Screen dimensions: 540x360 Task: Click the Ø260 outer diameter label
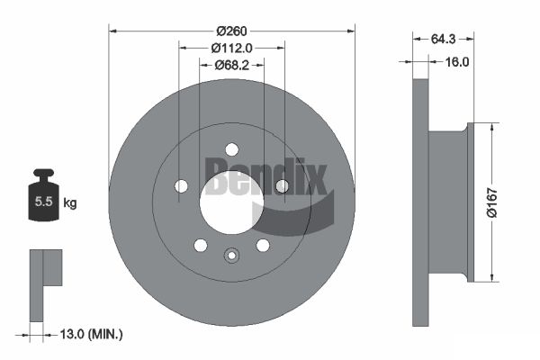(232, 31)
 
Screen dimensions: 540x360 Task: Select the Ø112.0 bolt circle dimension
(232, 48)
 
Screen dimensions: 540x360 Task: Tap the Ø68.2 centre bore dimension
(232, 65)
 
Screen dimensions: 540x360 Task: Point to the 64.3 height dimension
(443, 40)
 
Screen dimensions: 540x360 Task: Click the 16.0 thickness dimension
(457, 62)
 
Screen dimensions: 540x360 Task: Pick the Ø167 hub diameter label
(492, 202)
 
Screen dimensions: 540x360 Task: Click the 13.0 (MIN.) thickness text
(91, 334)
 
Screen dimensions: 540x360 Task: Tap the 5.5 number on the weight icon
(44, 202)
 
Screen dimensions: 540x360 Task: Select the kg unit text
(70, 202)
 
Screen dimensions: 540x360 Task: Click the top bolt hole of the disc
(232, 150)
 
